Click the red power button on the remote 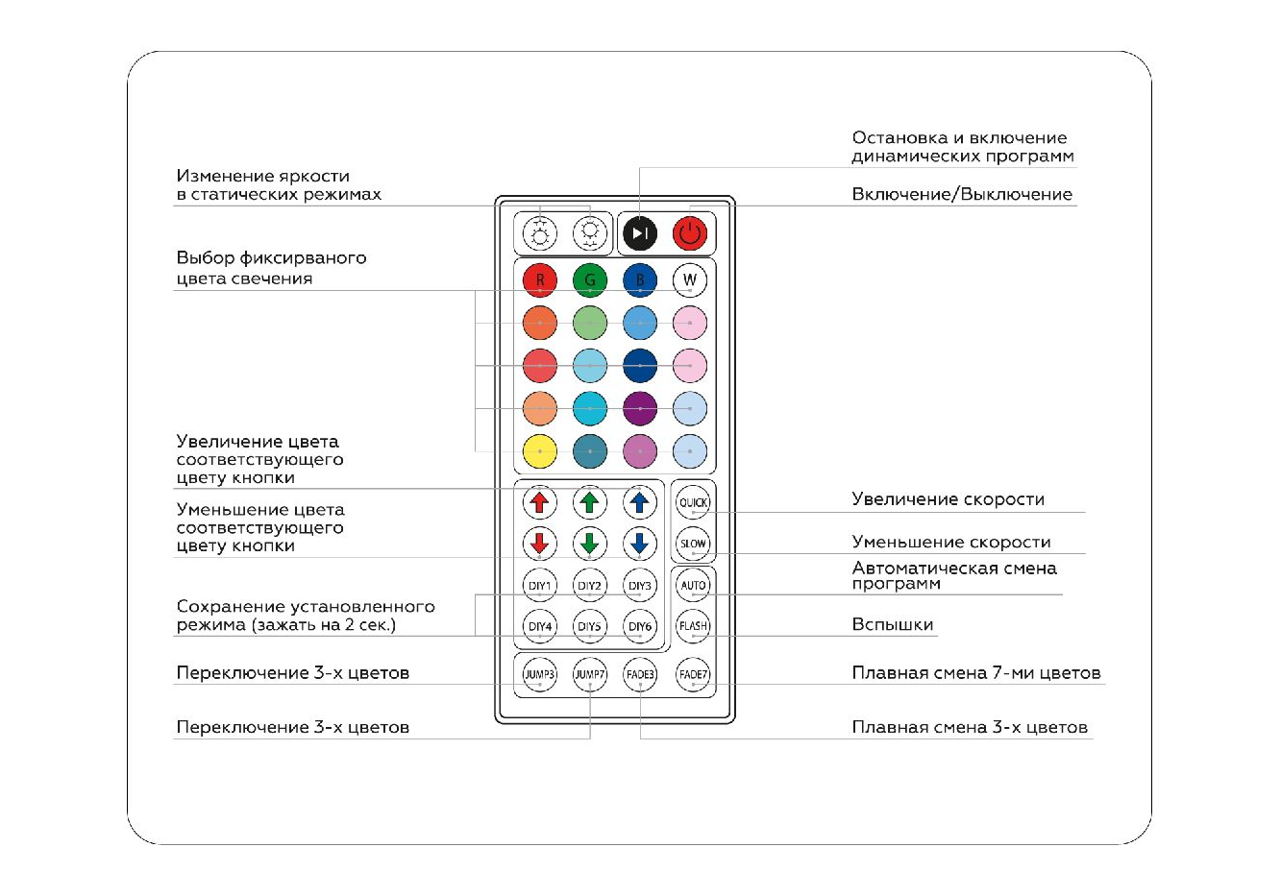(690, 232)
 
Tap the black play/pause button (640, 232)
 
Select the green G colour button (590, 280)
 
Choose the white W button (690, 280)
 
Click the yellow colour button (540, 451)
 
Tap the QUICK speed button (693, 502)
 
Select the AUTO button (693, 585)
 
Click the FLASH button (693, 626)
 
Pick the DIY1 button (540, 585)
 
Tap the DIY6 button (640, 626)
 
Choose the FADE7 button (693, 674)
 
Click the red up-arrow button (540, 502)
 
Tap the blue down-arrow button (640, 544)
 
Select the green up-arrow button (590, 502)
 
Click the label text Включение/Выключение (961, 194)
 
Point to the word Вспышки (893, 624)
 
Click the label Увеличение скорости (948, 498)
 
